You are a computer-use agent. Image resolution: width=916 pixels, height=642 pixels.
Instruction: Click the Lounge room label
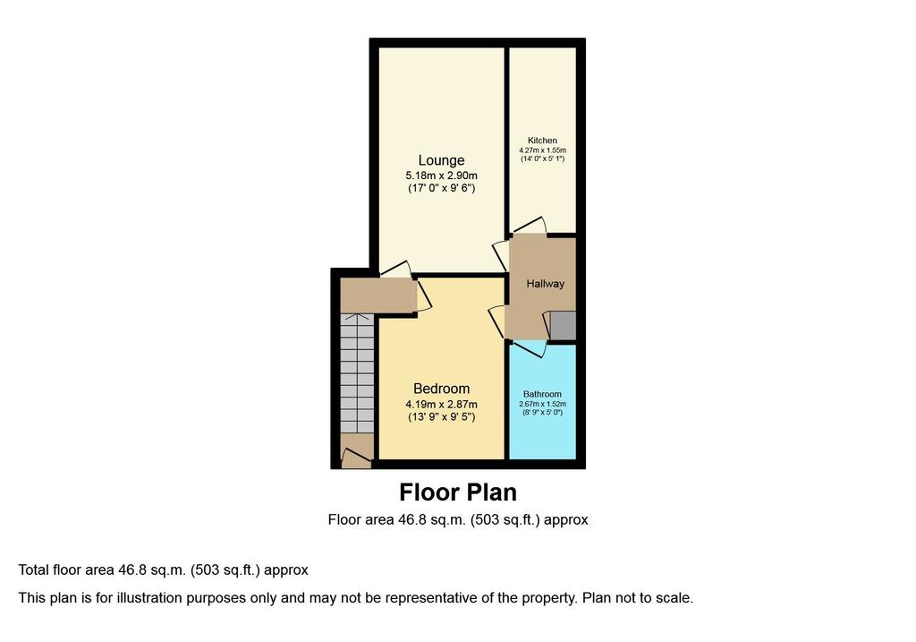pyautogui.click(x=441, y=160)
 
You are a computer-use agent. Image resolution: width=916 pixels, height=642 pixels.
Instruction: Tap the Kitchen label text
pyautogui.click(x=542, y=141)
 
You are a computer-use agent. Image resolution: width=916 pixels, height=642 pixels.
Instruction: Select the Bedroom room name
pyautogui.click(x=441, y=389)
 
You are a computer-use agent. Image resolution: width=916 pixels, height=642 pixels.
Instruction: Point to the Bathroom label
pyautogui.click(x=542, y=394)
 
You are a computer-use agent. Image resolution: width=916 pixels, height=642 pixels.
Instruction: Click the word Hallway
pyautogui.click(x=545, y=284)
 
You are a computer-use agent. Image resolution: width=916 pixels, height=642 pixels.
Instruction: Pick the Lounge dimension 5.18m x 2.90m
pyautogui.click(x=441, y=175)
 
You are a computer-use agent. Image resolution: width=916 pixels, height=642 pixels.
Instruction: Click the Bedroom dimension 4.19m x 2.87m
pyautogui.click(x=441, y=404)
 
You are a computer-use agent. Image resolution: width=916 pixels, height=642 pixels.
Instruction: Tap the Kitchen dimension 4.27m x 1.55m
pyautogui.click(x=542, y=150)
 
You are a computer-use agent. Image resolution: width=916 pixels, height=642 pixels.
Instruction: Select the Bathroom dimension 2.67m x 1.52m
pyautogui.click(x=542, y=404)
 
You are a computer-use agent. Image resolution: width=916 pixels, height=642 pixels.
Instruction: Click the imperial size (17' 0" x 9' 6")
pyautogui.click(x=441, y=188)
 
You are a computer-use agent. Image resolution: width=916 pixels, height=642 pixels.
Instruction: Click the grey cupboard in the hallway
pyautogui.click(x=564, y=325)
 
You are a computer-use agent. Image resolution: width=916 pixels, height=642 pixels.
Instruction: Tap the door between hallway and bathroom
pyautogui.click(x=530, y=348)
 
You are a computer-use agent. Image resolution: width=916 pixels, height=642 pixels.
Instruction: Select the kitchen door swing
pyautogui.click(x=530, y=226)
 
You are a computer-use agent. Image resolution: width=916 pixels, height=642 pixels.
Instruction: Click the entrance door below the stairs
pyautogui.click(x=356, y=458)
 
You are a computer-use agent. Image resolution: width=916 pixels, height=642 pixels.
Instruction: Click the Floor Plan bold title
pyautogui.click(x=458, y=492)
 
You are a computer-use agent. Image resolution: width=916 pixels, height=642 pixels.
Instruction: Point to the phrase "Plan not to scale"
pyautogui.click(x=637, y=598)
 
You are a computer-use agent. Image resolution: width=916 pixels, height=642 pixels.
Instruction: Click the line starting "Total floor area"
pyautogui.click(x=163, y=570)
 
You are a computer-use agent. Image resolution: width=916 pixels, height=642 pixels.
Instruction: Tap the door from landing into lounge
pyautogui.click(x=395, y=269)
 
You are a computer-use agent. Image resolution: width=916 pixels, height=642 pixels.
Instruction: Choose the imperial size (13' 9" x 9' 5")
pyautogui.click(x=441, y=417)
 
